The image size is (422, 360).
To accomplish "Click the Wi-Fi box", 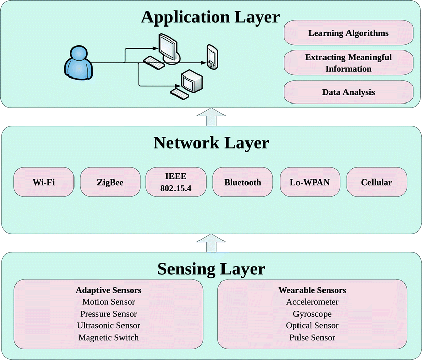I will click(x=43, y=183).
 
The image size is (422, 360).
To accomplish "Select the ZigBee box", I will click(x=110, y=183).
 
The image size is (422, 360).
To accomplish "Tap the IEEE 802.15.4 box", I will click(x=176, y=183).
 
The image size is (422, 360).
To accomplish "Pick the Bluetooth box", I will click(x=243, y=183).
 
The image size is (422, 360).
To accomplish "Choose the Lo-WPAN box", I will click(x=310, y=183).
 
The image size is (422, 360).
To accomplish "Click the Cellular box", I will click(x=377, y=183).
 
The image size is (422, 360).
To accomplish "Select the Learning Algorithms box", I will click(x=348, y=33).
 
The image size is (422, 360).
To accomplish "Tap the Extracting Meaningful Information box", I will click(x=348, y=63).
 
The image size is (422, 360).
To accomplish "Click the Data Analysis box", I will click(x=348, y=92).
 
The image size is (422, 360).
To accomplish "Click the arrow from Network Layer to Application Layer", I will click(x=211, y=117).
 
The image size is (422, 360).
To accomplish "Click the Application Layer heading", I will click(x=210, y=17).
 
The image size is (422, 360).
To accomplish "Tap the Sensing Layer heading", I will click(x=211, y=268).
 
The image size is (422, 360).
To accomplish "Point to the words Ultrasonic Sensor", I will click(x=108, y=325).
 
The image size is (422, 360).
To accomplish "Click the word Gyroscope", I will click(x=312, y=314).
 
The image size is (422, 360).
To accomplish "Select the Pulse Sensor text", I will click(x=312, y=337).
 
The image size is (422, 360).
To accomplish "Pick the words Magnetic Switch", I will click(x=108, y=337).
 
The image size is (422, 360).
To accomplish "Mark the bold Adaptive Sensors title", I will click(x=108, y=290).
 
